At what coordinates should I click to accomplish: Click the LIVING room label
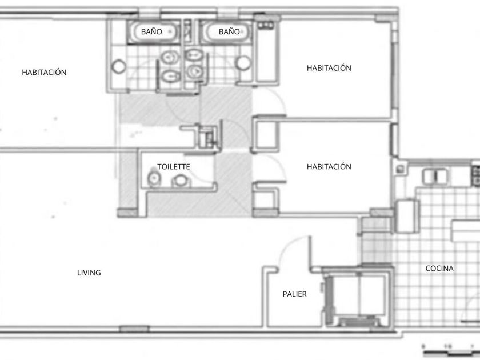click(89, 273)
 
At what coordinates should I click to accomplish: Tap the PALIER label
click(294, 294)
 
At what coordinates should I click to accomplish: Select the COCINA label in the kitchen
click(439, 268)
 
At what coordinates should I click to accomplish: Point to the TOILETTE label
click(174, 166)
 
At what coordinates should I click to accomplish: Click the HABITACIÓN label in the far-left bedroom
click(44, 72)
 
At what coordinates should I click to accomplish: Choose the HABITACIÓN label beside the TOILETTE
click(329, 166)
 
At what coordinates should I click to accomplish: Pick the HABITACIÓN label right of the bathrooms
click(329, 67)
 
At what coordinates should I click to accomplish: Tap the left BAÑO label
click(151, 31)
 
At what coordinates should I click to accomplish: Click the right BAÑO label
click(229, 31)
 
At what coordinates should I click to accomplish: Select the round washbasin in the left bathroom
click(118, 66)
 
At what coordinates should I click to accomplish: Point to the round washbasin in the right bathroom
click(243, 63)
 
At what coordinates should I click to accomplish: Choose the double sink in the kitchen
click(435, 177)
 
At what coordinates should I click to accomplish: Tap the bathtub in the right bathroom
click(226, 32)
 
